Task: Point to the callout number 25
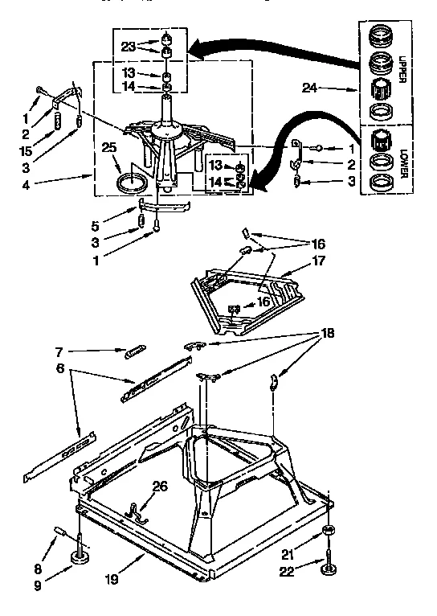(x=109, y=146)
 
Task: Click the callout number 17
(x=321, y=261)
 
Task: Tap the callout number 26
(x=160, y=485)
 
